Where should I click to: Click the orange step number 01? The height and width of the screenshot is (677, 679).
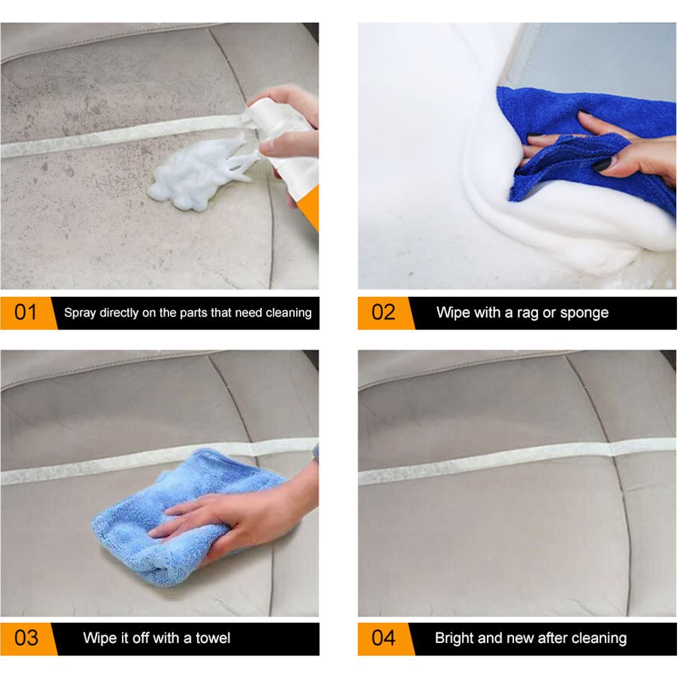26,312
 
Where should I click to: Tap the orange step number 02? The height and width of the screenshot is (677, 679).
383,312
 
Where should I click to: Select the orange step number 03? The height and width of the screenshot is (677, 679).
26,637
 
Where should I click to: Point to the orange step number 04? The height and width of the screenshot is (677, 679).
383,637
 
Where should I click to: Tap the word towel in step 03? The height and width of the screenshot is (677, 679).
214,638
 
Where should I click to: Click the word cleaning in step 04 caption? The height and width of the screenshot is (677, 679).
601,638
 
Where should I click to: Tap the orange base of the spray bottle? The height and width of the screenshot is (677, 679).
309,208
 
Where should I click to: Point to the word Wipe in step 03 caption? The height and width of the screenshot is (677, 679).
99,638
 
